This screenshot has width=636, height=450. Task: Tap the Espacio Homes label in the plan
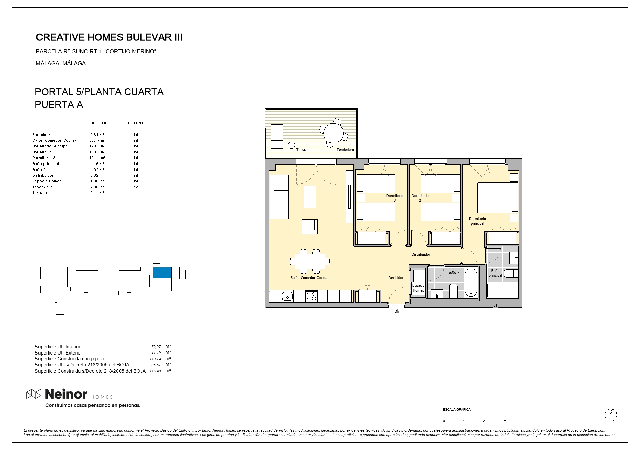418,288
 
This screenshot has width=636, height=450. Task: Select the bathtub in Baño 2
471,282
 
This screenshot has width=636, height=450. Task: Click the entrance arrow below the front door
397,311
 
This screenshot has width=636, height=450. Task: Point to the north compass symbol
611,415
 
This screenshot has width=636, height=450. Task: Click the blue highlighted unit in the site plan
162,273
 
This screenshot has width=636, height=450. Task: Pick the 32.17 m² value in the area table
98,140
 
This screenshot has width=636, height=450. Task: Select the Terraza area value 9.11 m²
97,193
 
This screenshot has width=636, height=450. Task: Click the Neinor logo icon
34,394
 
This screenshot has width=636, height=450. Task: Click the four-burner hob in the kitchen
311,296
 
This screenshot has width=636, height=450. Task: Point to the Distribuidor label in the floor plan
421,255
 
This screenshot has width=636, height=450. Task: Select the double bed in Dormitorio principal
497,197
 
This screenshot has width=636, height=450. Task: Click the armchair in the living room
310,227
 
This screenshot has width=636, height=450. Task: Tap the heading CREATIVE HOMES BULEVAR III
109,37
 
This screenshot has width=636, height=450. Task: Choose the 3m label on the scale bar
504,421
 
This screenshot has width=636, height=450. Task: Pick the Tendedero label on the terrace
345,150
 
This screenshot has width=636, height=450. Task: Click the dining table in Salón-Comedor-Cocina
310,261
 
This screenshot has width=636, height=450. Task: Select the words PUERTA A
59,105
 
